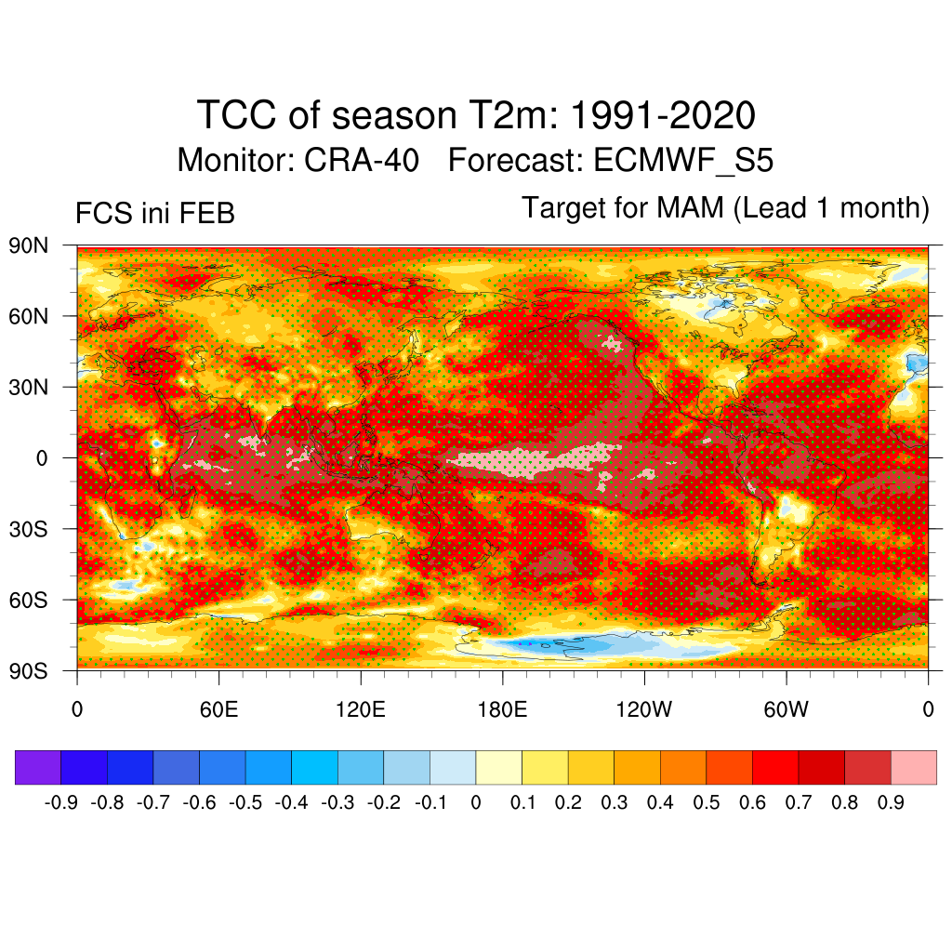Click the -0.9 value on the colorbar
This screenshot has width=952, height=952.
tap(60, 802)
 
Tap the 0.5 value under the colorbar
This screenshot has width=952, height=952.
tap(707, 802)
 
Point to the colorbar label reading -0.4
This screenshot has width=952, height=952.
tap(291, 802)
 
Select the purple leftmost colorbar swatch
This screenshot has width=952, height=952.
tap(38, 767)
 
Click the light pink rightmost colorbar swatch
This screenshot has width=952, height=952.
tap(913, 767)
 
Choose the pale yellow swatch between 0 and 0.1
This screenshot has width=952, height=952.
tap(498, 767)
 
